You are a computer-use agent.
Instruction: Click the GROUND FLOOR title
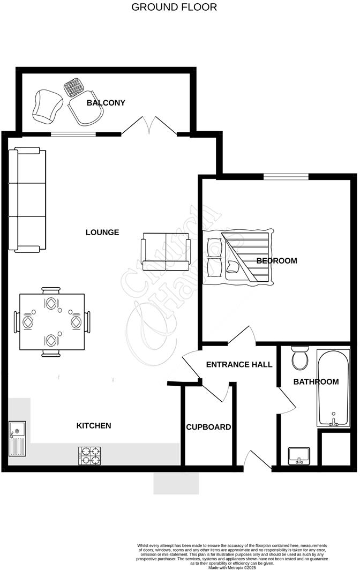coord(174,7)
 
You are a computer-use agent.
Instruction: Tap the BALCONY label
coord(106,102)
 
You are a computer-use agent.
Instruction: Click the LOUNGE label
coord(102,232)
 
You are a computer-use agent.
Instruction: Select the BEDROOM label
coord(276,261)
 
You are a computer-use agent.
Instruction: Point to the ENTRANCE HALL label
coord(239,364)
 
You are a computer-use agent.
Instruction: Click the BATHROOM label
coord(316,381)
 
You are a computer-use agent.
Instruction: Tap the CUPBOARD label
coord(208,427)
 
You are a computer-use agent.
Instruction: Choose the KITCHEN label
coord(94,425)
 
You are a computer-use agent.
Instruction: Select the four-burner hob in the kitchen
coord(89,456)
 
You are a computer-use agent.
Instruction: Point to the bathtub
coord(334,388)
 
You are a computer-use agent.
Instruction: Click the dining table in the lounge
coord(51,321)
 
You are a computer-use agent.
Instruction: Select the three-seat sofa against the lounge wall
coord(27,200)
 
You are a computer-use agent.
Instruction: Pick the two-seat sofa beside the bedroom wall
coord(166,251)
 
